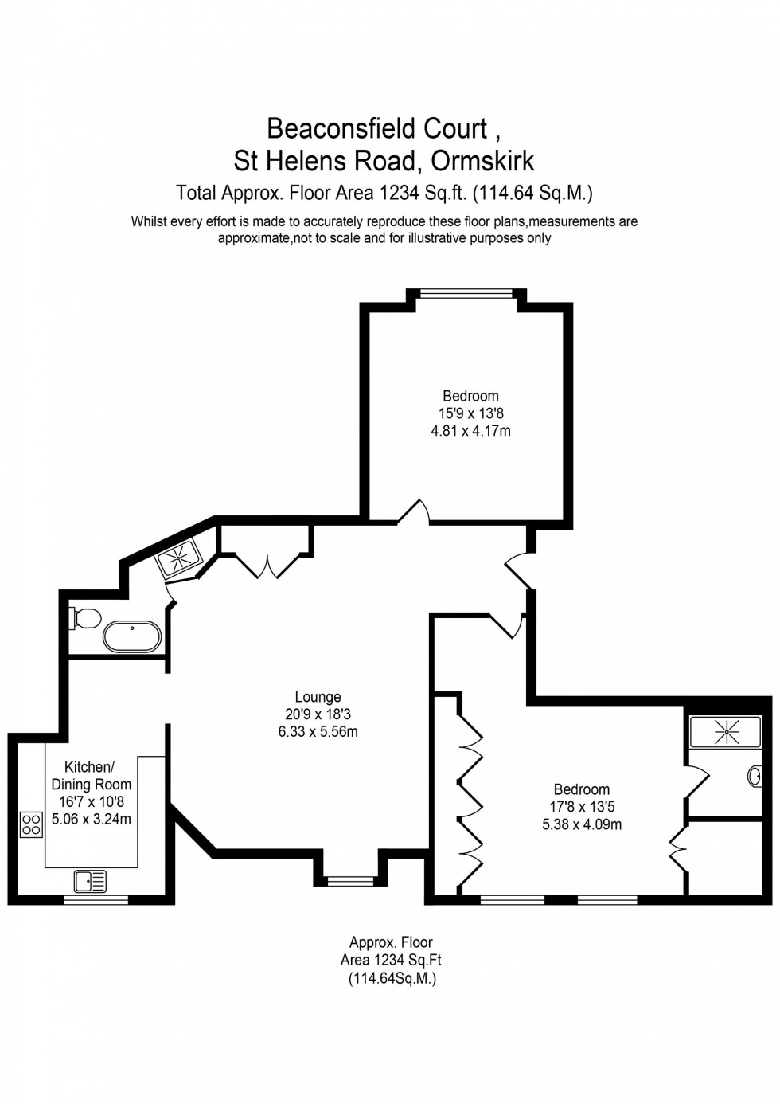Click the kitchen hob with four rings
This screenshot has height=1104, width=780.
coord(31,824)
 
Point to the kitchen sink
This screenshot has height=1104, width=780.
coord(90,881)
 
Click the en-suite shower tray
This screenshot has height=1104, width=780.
coord(725,731)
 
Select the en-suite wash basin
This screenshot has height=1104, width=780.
coord(755,776)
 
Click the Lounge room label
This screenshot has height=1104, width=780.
coord(318,697)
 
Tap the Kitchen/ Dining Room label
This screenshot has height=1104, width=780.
coord(91,776)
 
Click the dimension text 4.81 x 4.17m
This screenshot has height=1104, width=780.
coord(470,431)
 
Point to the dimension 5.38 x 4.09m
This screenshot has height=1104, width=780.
coord(582,824)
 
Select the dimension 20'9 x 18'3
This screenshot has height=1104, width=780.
coord(318,714)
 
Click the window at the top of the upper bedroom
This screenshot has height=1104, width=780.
coord(466,294)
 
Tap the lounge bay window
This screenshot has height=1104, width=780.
coord(350,881)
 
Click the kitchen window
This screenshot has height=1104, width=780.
coord(96,900)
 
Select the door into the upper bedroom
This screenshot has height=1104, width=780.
coord(414,514)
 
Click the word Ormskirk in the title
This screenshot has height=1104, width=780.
coord(482,161)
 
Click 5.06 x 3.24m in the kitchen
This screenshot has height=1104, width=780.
coord(91,819)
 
